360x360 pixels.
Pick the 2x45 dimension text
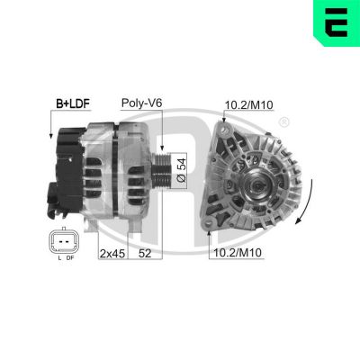[x=112, y=254]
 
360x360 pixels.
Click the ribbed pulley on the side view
[x=161, y=169]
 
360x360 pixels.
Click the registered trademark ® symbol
[x=285, y=121]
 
